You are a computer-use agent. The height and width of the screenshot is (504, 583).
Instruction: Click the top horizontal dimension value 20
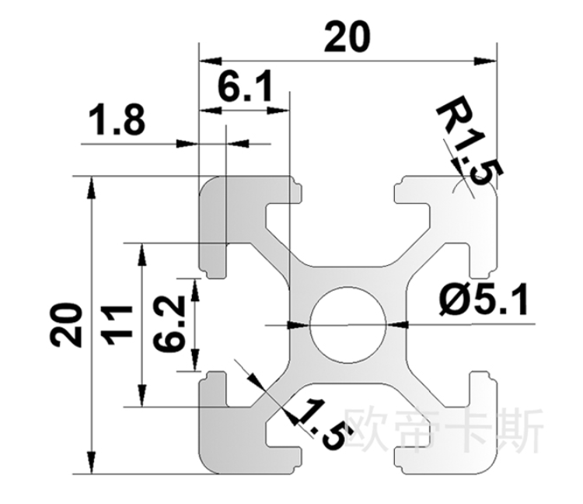coord(347,37)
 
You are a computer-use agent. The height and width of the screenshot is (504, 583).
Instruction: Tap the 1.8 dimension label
coord(117,122)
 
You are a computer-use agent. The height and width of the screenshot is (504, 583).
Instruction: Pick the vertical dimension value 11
coord(118,324)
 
